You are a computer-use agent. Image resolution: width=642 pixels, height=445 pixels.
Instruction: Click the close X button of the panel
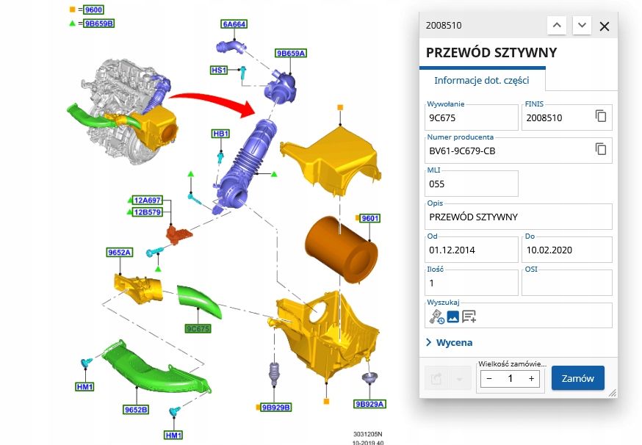click(605, 26)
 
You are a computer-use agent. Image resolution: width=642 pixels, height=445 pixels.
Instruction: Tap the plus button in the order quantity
click(531, 378)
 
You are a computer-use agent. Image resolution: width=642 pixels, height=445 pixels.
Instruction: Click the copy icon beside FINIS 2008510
click(601, 117)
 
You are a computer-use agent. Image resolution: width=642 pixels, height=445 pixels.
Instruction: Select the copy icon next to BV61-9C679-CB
click(601, 150)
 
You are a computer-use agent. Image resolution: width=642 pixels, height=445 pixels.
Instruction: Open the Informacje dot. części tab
click(480, 80)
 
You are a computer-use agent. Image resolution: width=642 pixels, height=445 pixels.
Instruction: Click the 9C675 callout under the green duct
click(198, 328)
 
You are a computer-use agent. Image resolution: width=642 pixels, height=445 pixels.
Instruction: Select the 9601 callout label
click(369, 218)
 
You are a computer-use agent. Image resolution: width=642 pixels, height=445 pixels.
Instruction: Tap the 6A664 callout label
click(234, 23)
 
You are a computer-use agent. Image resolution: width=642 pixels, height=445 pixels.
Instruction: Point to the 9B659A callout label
click(291, 53)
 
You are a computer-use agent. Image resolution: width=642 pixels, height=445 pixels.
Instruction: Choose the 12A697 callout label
click(148, 200)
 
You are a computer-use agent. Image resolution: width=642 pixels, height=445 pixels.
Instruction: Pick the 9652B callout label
click(136, 409)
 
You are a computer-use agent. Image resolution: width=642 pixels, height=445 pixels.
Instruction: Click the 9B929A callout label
click(370, 404)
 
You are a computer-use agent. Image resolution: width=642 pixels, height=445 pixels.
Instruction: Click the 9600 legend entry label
click(94, 10)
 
